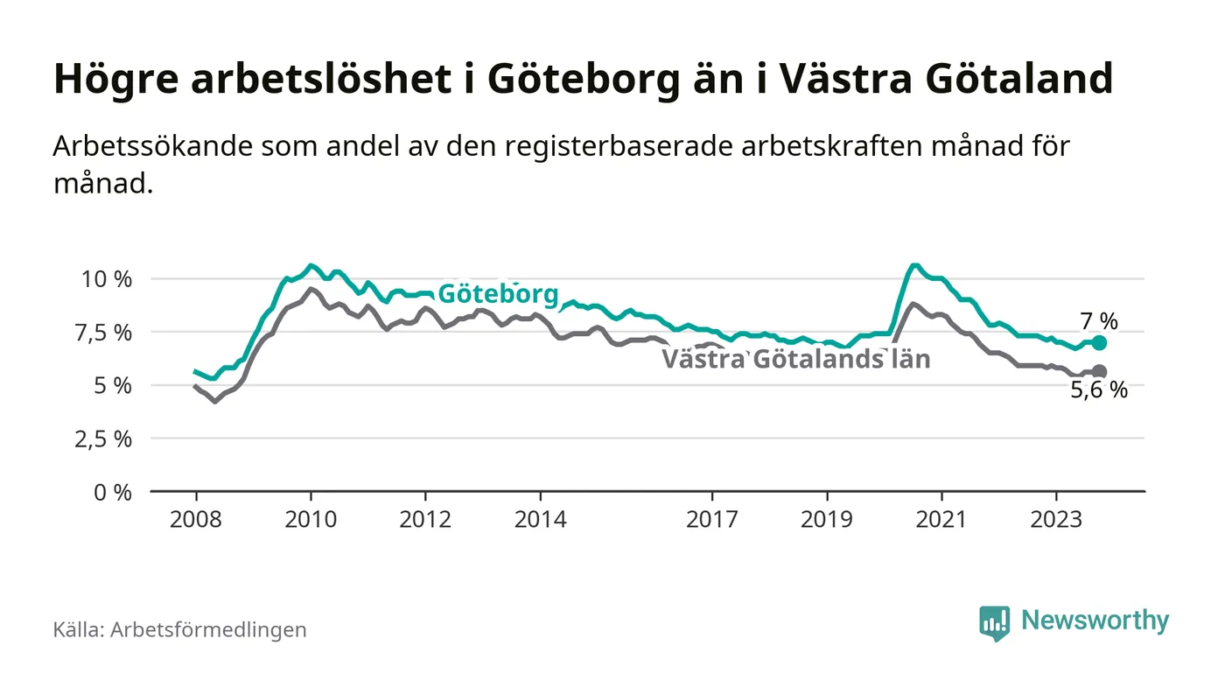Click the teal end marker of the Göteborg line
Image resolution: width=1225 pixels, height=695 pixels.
coord(1100,343)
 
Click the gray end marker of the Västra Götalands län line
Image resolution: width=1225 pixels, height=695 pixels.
coord(1100,372)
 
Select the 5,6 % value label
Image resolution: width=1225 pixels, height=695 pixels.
coord(1099,391)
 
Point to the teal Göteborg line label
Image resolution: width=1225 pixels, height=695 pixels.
coord(497,294)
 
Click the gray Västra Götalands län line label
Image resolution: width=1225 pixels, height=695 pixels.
coord(795,359)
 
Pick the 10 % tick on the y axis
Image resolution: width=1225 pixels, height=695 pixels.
coord(107,279)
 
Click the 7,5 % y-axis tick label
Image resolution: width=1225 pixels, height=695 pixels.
coord(101,333)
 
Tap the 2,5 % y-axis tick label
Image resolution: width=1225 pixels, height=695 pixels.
coord(101,439)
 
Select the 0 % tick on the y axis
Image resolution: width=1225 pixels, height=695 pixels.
coord(113,492)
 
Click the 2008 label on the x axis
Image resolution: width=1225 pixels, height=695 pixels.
coord(196,519)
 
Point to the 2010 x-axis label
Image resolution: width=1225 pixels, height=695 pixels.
coord(311,519)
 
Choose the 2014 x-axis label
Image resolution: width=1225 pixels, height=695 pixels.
coord(541,519)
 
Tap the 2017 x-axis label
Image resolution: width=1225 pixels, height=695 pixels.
coord(712,519)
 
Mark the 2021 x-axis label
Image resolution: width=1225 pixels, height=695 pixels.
coord(941,519)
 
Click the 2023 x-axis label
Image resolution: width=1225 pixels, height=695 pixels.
coord(1056,519)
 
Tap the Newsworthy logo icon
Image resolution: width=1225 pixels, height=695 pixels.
coord(994,622)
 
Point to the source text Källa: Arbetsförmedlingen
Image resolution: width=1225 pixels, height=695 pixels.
coord(179,629)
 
